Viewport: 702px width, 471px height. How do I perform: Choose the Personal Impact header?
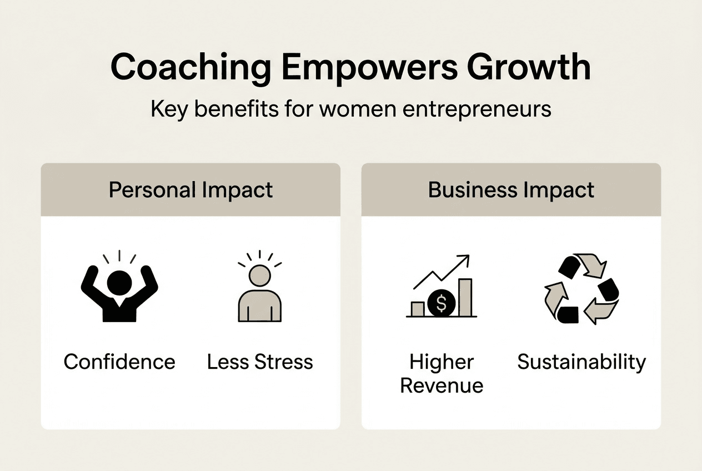tap(190, 190)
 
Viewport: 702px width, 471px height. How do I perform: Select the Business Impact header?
tap(511, 190)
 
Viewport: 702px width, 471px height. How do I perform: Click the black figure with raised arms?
tap(119, 294)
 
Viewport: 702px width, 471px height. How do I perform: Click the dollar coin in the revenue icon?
tap(442, 303)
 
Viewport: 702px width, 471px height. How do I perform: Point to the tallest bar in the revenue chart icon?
tap(465, 297)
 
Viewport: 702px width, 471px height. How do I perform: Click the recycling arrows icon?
tap(581, 289)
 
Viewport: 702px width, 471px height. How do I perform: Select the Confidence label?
tap(119, 362)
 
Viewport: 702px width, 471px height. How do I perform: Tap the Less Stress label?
tap(260, 362)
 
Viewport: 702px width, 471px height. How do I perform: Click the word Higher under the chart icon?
tap(442, 362)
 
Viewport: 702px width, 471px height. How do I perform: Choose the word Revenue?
tap(442, 385)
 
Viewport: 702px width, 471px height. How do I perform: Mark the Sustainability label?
tap(581, 362)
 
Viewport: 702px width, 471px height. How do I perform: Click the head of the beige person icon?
tap(259, 275)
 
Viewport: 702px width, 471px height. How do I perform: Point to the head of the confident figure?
tap(119, 282)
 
